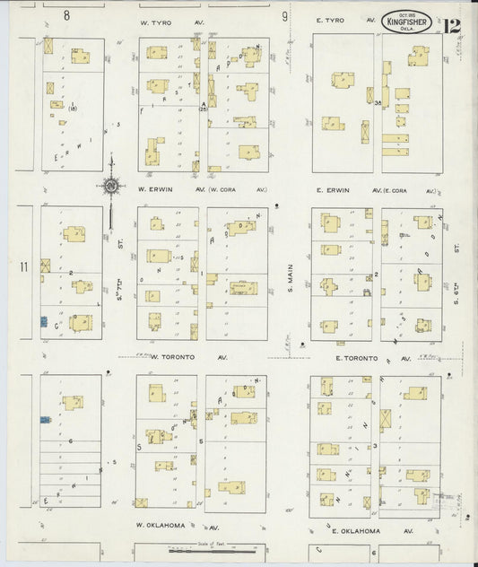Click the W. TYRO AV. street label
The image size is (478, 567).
(166, 19)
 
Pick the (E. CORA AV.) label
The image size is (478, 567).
(411, 190)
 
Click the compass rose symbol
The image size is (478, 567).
(112, 187)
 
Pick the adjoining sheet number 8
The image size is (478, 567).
(66, 15)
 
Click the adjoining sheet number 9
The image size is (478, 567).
(284, 16)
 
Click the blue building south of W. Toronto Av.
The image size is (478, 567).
(43, 418)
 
